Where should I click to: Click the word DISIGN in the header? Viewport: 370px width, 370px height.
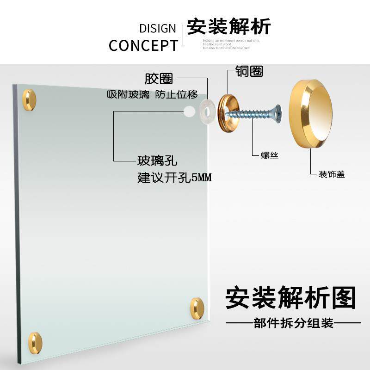coord(158,28)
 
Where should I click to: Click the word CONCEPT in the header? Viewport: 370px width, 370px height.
coord(143,45)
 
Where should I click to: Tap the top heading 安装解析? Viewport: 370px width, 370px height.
coord(228,27)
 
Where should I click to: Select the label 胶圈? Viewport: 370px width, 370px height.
coord(159,78)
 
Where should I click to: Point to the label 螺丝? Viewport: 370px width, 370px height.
coord(270,155)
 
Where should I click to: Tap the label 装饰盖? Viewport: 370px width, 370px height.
coord(332,174)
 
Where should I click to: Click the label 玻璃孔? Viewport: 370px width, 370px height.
coord(157,161)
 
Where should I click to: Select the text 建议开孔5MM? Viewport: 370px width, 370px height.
coord(174,178)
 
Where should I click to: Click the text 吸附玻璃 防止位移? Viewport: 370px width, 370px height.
coord(152,95)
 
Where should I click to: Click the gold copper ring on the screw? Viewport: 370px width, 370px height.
coord(227,108)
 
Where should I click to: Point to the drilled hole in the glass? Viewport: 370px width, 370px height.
coord(189,111)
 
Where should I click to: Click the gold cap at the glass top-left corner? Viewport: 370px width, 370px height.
coord(29,100)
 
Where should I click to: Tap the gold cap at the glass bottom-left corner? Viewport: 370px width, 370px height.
coord(35,343)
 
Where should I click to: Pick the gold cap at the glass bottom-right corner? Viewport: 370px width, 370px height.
coord(197,308)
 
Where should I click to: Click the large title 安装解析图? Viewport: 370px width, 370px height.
coord(290,298)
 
